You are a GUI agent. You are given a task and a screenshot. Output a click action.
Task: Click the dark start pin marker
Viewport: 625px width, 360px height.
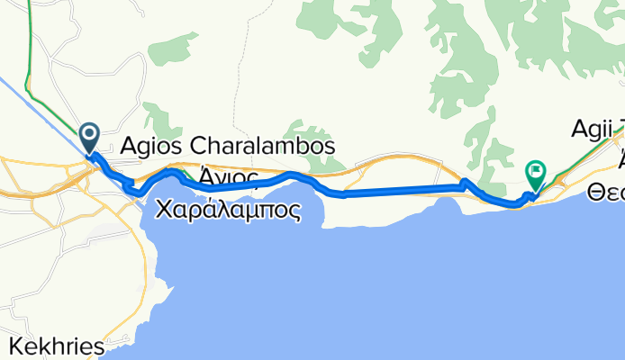pyautogui.click(x=90, y=138)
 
